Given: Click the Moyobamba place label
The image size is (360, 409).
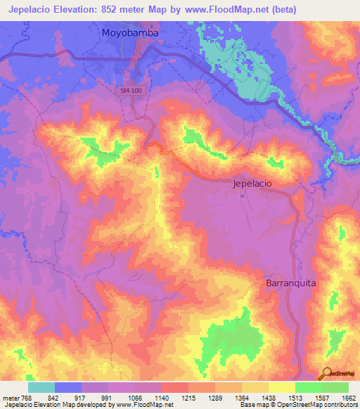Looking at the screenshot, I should tap(130, 33).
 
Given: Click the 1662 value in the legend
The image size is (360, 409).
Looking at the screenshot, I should tap(347, 397).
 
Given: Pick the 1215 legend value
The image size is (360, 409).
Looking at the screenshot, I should tap(188, 397).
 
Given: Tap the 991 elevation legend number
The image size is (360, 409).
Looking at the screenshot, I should tap(108, 397).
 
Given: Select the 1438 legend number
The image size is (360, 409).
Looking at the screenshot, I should tap(268, 397).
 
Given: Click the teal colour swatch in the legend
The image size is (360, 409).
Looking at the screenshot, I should tap(41, 387).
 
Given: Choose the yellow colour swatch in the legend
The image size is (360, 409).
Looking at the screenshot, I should tap(281, 387).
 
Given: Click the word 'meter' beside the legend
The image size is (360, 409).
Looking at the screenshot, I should tap(11, 397).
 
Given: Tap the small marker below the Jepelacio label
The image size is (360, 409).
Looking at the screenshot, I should tap(243, 195).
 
